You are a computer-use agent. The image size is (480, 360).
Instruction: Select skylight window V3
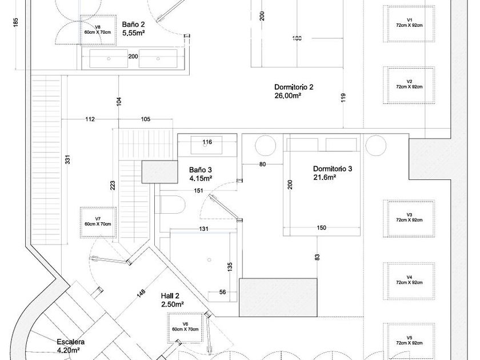409,218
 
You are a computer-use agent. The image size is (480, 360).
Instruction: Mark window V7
98,222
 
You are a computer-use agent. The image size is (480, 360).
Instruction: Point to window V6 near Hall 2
185,327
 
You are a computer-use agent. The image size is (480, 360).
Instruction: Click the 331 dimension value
67,161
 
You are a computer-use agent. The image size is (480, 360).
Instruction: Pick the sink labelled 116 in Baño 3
207,145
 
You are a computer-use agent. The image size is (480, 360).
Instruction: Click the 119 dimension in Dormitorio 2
343,97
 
